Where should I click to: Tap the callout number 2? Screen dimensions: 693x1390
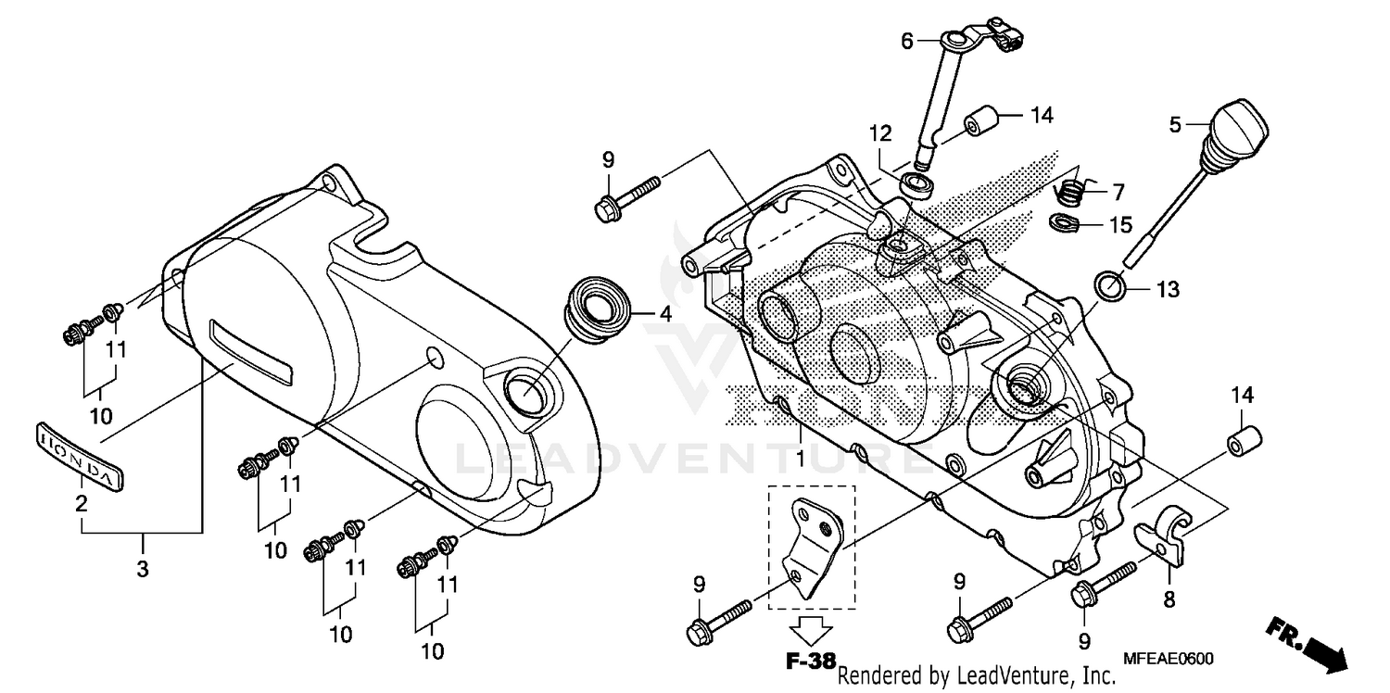82,504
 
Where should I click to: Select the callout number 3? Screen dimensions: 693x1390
142,570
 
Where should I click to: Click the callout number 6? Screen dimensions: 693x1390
907,41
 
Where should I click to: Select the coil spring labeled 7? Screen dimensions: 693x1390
1071,193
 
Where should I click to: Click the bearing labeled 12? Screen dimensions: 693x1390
916,183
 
